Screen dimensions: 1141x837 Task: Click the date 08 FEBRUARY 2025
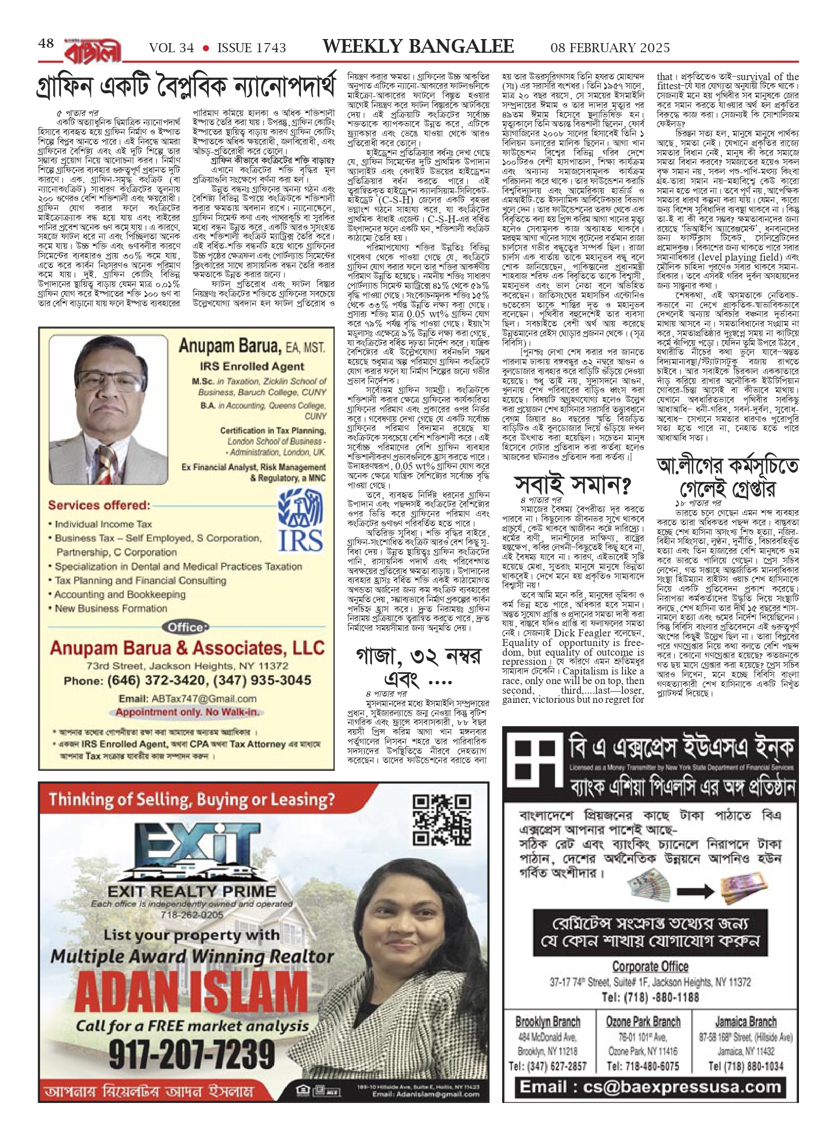pyautogui.click(x=610, y=48)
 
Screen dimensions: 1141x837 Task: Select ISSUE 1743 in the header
pyautogui.click(x=251, y=48)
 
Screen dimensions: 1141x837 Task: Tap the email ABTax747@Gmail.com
pyautogui.click(x=187, y=698)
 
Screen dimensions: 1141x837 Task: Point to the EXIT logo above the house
pyautogui.click(x=191, y=844)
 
